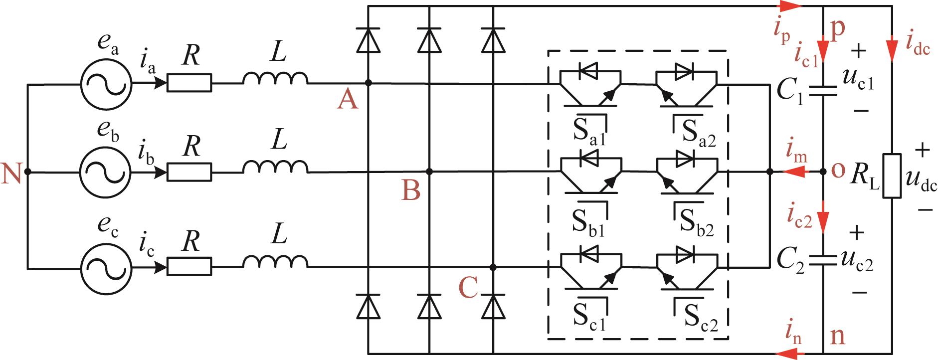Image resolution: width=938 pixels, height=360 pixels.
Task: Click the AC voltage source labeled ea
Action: [106, 83]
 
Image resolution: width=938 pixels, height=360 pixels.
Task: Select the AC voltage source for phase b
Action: [106, 173]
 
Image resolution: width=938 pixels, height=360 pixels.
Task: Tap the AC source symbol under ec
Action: [106, 267]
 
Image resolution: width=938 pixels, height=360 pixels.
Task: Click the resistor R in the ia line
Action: [189, 83]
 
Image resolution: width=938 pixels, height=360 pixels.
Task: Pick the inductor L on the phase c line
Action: [275, 262]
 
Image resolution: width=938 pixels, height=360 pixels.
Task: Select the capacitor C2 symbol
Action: [823, 260]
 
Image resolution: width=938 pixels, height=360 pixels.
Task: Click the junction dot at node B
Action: [430, 172]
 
